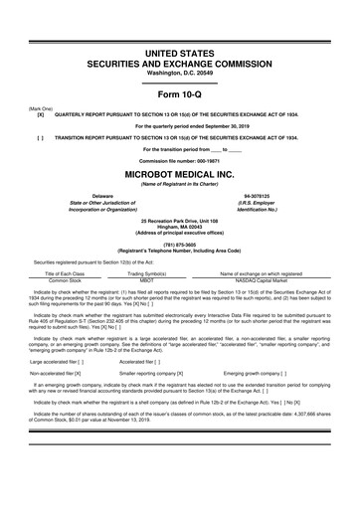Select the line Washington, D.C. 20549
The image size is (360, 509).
(x=179, y=47)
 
